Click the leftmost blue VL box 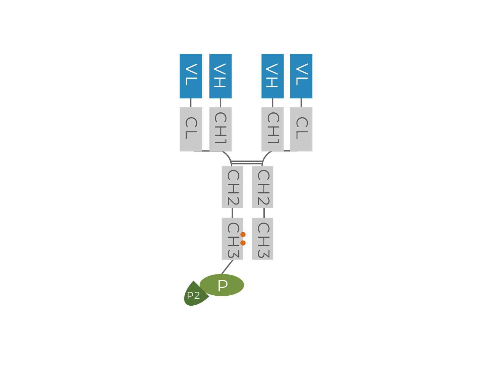pos(191,76)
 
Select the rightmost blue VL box pos(301,76)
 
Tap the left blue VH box pos(220,76)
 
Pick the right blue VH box pos(272,76)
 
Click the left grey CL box pos(191,129)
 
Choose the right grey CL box pos(301,129)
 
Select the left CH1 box pos(220,129)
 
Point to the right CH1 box pos(272,129)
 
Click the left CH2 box pos(232,187)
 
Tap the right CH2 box pos(263,187)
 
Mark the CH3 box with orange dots pos(232,238)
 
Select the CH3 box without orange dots pos(263,238)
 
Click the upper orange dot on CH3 pos(243,234)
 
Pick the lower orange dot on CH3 pos(243,243)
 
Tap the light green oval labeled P pos(222,285)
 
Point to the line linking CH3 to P pos(227,267)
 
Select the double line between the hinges pos(247,162)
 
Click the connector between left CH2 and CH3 pos(232,213)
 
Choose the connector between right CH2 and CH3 pos(264,213)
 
